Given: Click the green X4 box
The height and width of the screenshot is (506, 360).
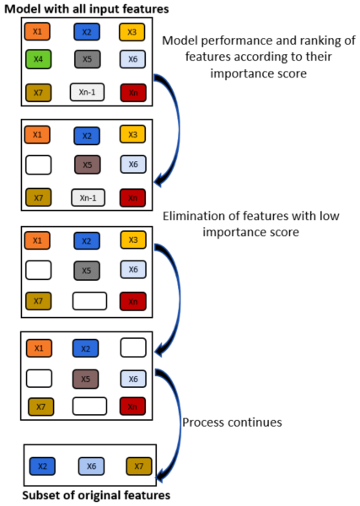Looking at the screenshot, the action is coord(38,59).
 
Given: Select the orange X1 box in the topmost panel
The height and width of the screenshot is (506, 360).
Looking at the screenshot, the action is coord(37,31).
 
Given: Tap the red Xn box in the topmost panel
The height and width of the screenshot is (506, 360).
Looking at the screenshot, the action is coord(133,93).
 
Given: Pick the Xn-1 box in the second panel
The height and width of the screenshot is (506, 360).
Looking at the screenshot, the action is coord(88,197).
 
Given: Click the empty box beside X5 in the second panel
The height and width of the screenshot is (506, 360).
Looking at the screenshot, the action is coord(39,165).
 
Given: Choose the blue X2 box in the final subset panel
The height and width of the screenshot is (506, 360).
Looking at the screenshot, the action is coord(42,466).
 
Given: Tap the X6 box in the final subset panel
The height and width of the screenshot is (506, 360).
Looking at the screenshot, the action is coord(91,466).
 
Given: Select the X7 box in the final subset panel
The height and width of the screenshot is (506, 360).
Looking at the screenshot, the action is coord(139,466).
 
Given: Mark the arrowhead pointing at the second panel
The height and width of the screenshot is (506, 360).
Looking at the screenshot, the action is coord(160,180).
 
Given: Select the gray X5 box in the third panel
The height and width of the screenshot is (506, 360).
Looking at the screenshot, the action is coord(87,271).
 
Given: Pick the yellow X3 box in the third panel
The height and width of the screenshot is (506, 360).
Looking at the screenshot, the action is coord(133,240).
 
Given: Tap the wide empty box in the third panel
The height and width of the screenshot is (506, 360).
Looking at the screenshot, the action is coord(89,301).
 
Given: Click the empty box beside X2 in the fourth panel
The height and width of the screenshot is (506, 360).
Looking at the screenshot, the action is coord(133,347).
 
